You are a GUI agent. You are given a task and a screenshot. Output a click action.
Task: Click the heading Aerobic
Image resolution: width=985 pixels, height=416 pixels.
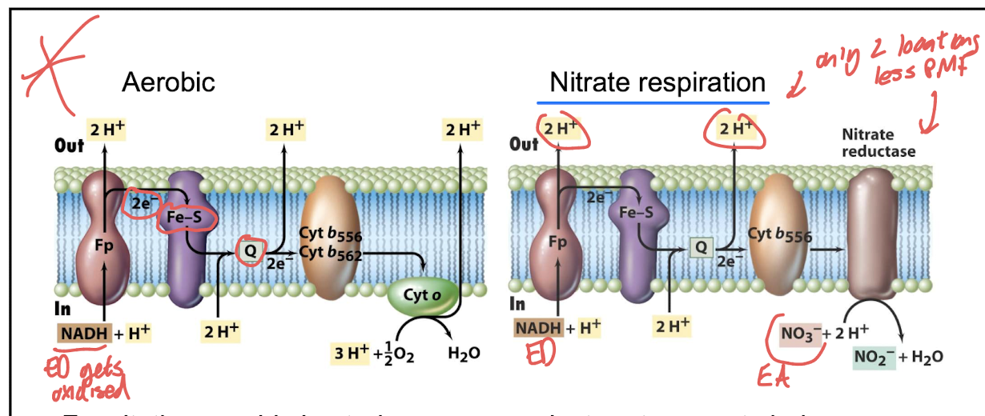(x=168, y=82)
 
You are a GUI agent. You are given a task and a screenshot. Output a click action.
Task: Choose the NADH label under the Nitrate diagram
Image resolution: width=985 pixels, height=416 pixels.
(x=538, y=328)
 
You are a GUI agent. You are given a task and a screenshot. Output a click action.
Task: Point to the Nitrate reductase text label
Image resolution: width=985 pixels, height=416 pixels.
(x=878, y=143)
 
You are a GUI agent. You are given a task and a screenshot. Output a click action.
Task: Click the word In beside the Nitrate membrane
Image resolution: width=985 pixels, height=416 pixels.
(x=518, y=303)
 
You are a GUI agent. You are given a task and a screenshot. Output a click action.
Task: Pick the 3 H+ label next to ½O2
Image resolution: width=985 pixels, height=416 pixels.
(x=352, y=352)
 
